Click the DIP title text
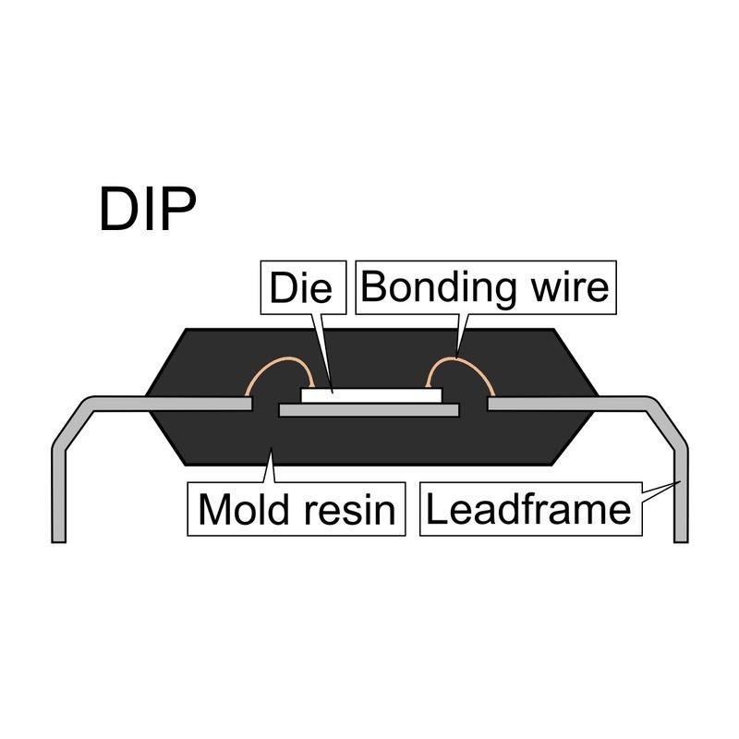(x=148, y=209)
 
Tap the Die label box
(x=304, y=287)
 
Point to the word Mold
(x=244, y=510)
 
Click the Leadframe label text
(x=528, y=509)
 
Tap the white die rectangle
(x=371, y=395)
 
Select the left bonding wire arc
(x=280, y=358)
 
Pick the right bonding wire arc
(x=459, y=358)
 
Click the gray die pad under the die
(x=369, y=410)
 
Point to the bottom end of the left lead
(x=58, y=542)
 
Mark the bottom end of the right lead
(x=681, y=542)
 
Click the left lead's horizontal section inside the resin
(x=200, y=404)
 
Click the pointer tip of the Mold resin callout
(x=271, y=449)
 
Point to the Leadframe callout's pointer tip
(x=680, y=481)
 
